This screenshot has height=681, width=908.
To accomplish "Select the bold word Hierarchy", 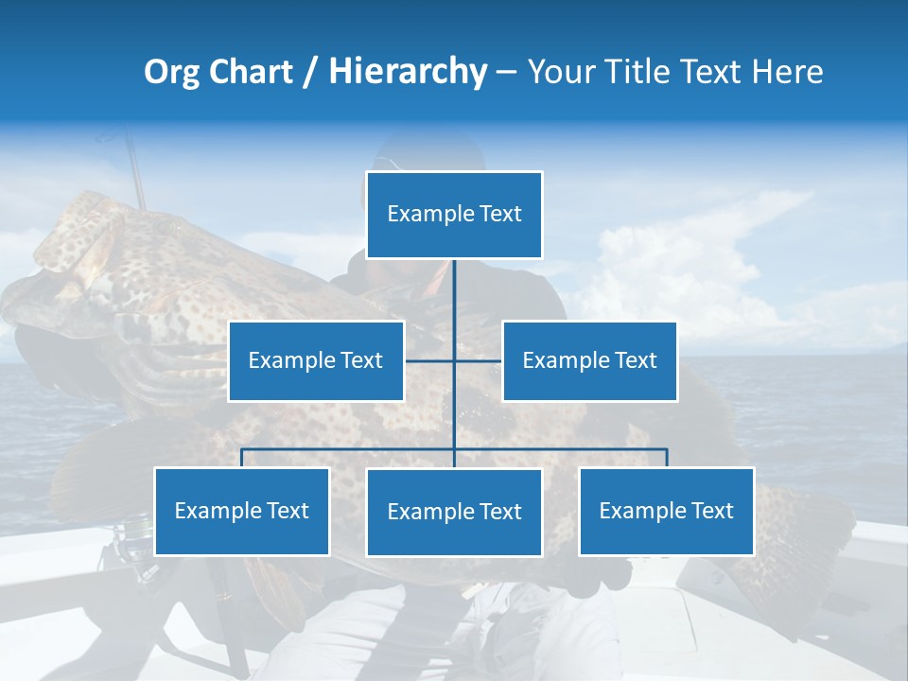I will coord(408,72).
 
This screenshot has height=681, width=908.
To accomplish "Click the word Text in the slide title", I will coord(713,72).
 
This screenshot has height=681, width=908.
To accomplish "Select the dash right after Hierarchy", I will coord(506,73).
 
